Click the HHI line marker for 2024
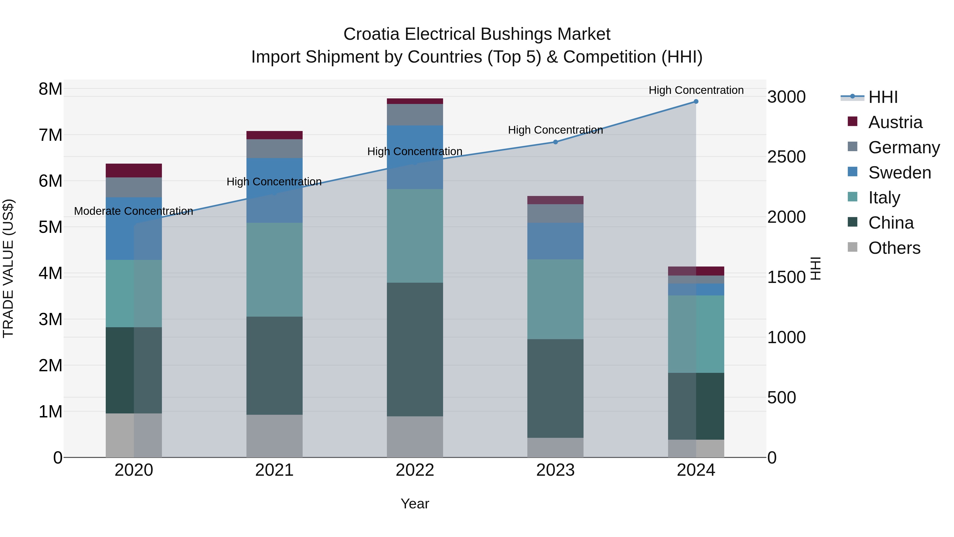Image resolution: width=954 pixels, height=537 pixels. point(696,102)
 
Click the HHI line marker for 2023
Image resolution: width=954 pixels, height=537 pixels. point(555,142)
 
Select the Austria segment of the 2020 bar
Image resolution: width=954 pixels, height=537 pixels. point(134,171)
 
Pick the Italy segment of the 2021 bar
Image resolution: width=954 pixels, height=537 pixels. point(275,269)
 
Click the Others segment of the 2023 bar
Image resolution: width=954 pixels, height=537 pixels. point(555,447)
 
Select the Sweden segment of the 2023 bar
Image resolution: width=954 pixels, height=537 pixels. point(555,241)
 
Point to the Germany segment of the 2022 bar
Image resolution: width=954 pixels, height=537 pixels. point(415,115)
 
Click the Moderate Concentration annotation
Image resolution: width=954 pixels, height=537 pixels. point(134,211)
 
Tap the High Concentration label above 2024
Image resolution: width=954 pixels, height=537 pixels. point(696,90)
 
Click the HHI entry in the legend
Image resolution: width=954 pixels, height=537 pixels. point(883,97)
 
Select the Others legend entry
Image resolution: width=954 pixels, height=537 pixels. point(894,248)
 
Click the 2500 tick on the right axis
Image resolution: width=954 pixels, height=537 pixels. point(786,157)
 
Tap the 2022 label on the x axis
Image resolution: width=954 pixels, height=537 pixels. point(415,470)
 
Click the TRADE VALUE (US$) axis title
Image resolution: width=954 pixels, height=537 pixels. point(8,268)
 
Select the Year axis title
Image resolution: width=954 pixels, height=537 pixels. point(415,504)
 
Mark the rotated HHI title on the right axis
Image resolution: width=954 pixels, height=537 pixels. point(815,268)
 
